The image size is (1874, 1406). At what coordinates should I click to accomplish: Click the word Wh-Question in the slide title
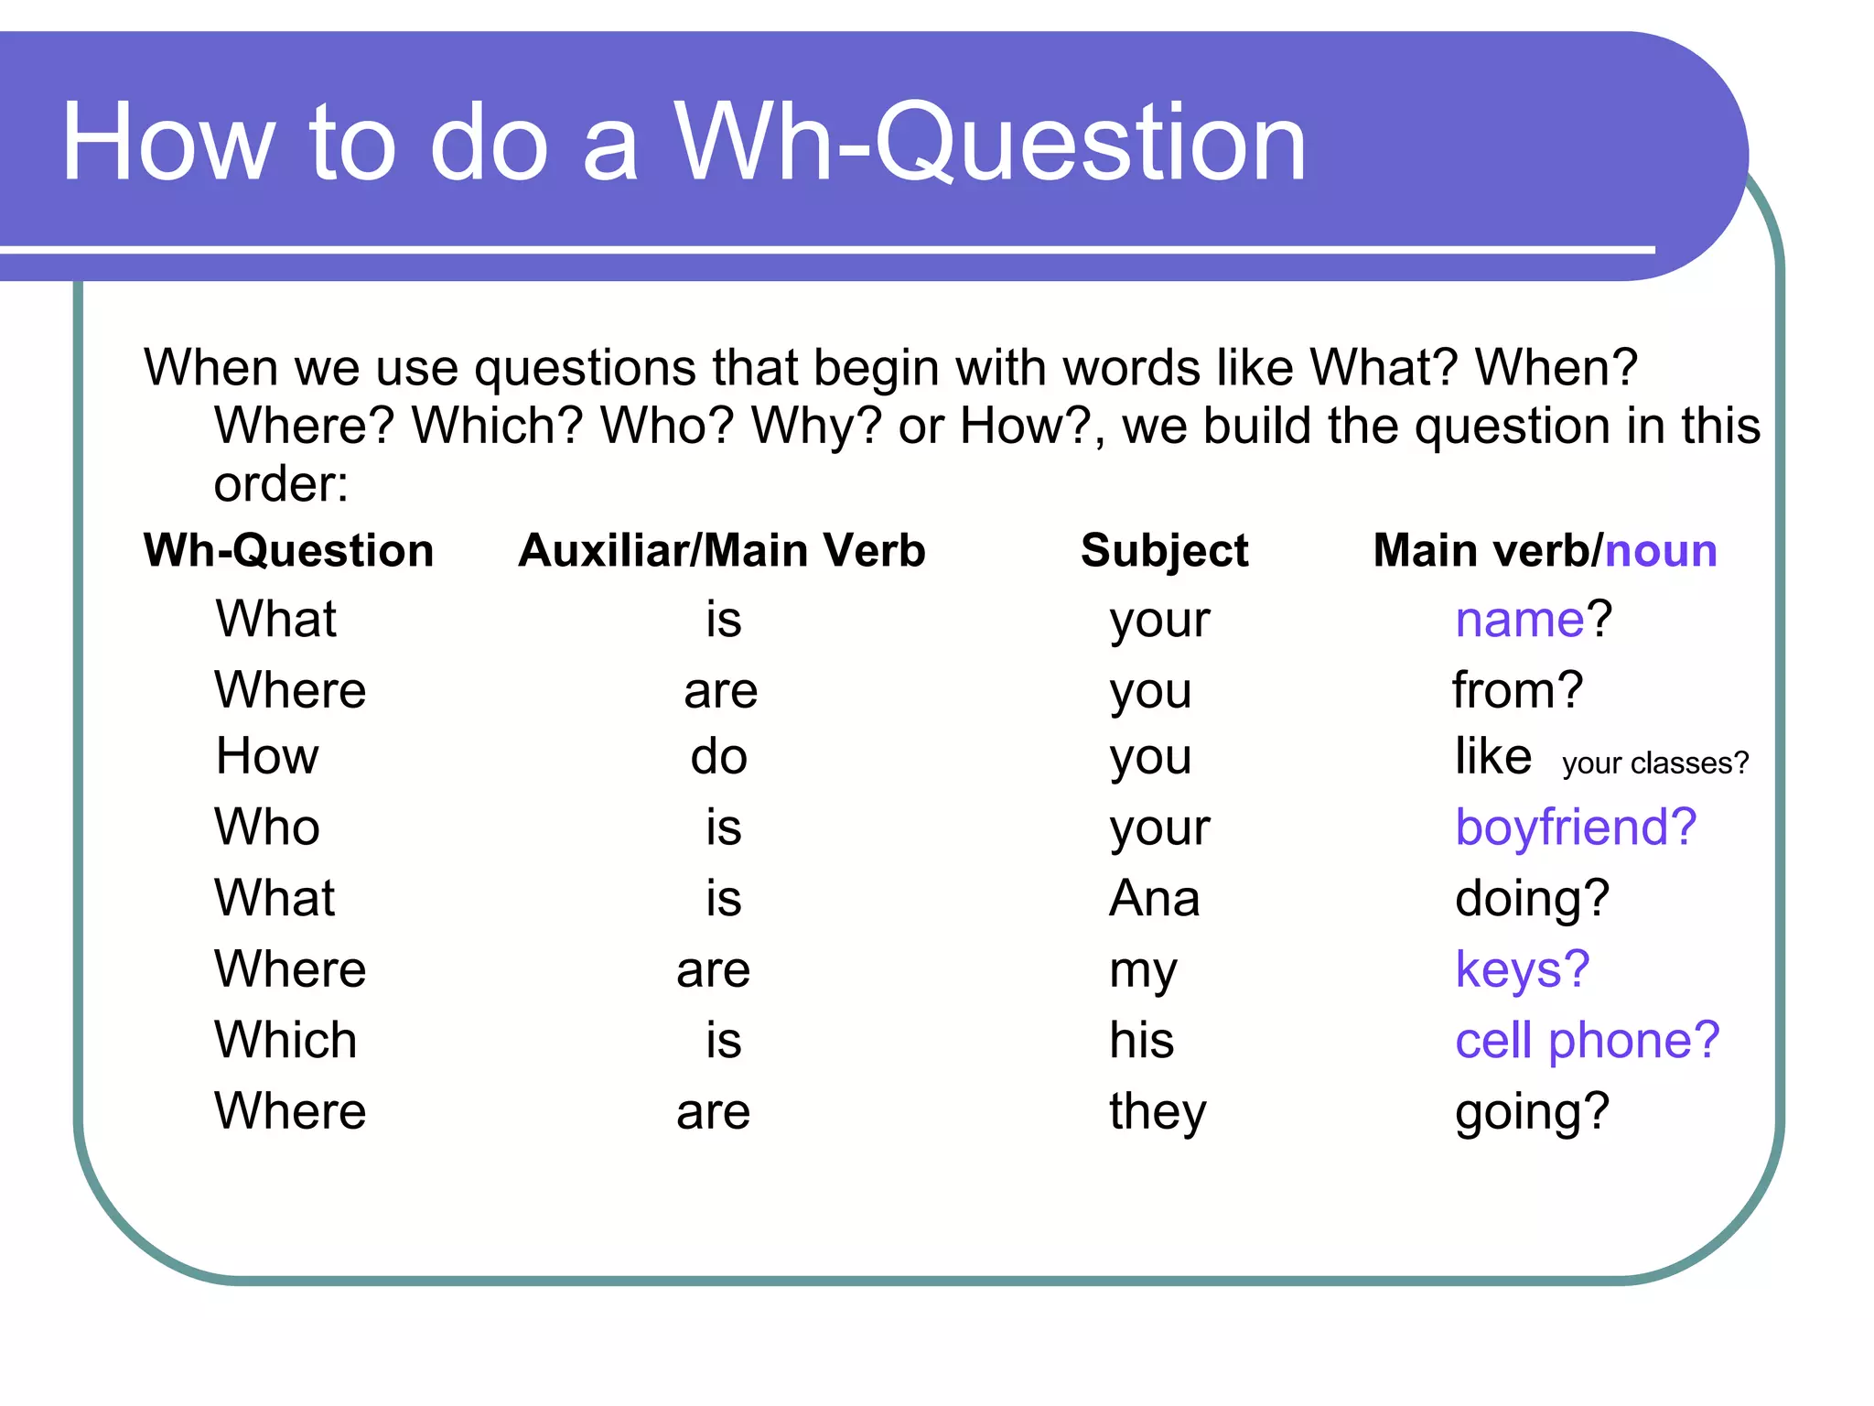click(x=990, y=145)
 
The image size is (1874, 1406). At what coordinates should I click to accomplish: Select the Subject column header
click(x=1164, y=552)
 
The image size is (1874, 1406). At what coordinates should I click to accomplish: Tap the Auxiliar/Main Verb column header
click(x=722, y=551)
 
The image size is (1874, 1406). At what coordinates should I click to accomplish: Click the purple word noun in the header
click(x=1661, y=551)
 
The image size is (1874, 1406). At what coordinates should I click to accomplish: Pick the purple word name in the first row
click(x=1519, y=620)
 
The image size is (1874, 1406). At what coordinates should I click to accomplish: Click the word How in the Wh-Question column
click(x=267, y=757)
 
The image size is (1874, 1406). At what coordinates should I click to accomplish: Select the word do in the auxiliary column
click(x=719, y=758)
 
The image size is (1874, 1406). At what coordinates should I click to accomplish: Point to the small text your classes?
click(x=1654, y=763)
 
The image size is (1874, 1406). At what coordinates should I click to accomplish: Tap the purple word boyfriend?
click(x=1576, y=827)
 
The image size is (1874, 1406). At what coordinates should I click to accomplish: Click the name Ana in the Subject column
click(x=1154, y=899)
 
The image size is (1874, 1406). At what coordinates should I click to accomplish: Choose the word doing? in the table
click(x=1532, y=899)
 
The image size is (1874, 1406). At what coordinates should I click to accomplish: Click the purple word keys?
click(x=1523, y=969)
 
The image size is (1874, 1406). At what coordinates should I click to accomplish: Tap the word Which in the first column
click(x=285, y=1041)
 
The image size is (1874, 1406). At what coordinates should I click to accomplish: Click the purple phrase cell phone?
click(x=1588, y=1041)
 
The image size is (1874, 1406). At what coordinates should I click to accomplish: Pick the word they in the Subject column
click(x=1158, y=1112)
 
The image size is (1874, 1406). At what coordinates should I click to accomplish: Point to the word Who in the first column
click(x=267, y=827)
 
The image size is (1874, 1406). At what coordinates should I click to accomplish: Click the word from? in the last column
click(x=1517, y=690)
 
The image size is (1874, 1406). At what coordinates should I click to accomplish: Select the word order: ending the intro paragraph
click(x=281, y=484)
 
